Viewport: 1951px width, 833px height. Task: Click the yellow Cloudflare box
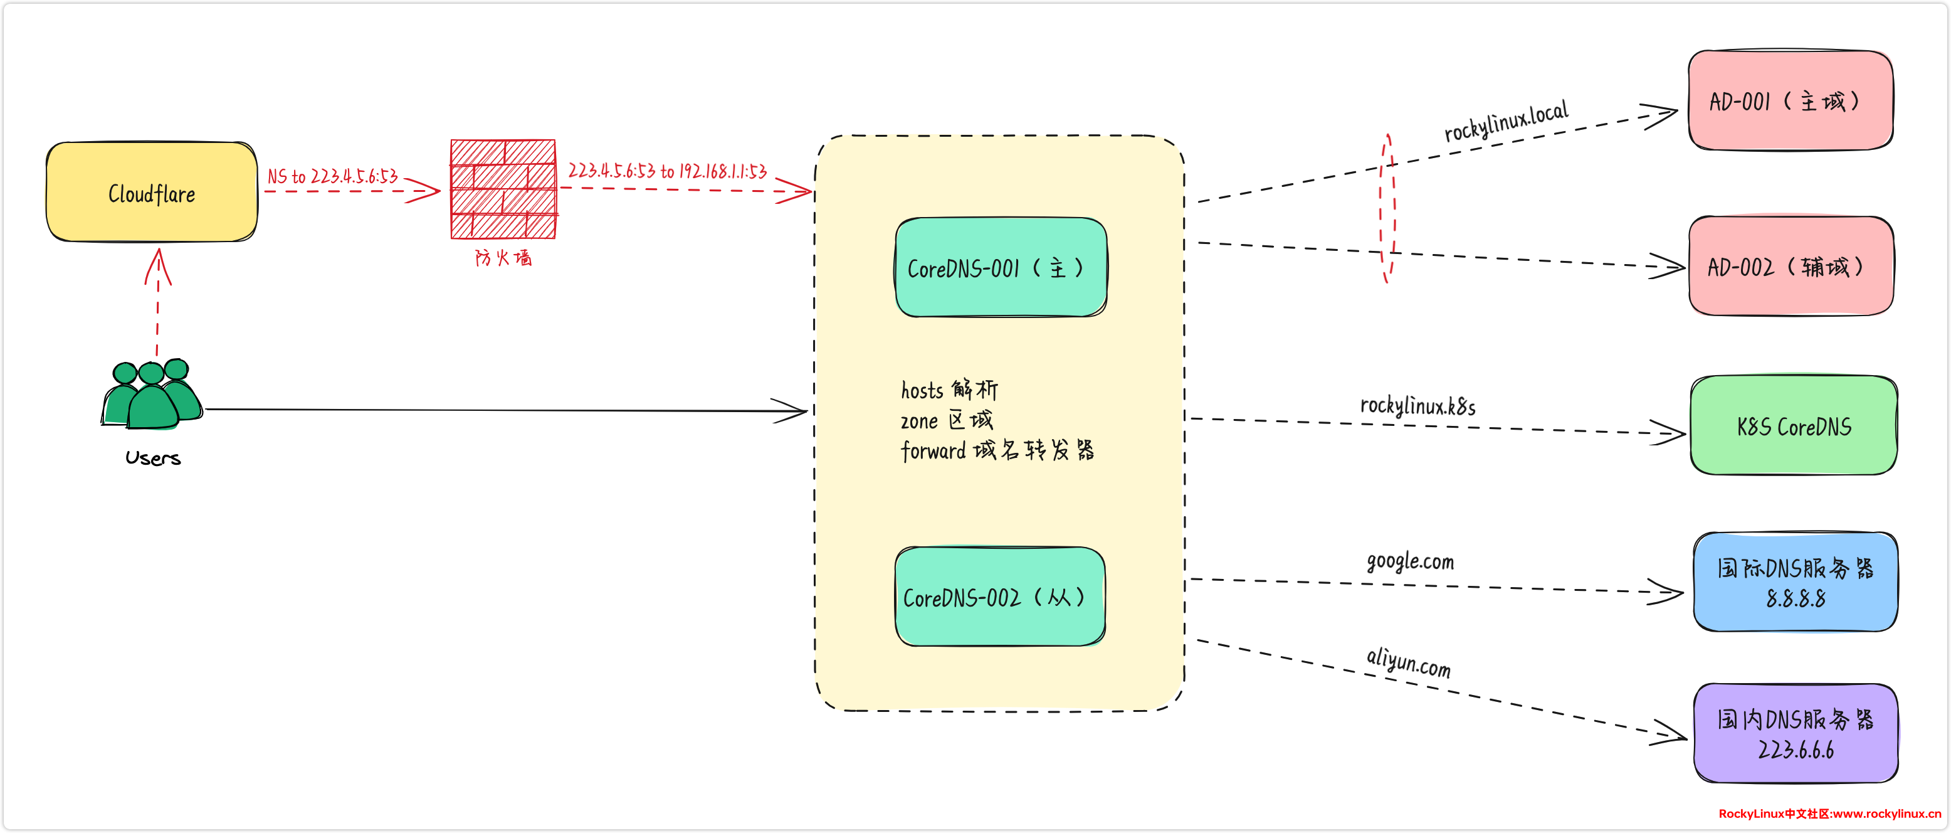click(152, 193)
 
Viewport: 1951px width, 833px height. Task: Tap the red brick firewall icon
click(503, 189)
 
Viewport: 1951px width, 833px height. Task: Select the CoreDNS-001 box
click(1001, 268)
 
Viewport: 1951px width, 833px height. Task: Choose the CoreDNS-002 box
click(1000, 597)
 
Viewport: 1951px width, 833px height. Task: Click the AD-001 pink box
click(1791, 100)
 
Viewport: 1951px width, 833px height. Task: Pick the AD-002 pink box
click(1791, 266)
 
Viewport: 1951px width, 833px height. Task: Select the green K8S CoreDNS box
click(1794, 426)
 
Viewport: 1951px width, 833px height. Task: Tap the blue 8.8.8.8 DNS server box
click(1795, 582)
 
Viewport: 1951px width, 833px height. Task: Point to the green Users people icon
click(152, 394)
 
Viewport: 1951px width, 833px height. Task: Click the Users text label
click(153, 458)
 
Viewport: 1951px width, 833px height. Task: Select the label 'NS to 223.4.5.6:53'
click(332, 177)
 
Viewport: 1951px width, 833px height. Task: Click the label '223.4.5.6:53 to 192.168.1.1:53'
click(667, 171)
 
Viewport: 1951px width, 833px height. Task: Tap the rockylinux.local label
click(1506, 121)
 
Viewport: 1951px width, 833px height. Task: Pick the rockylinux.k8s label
click(1418, 406)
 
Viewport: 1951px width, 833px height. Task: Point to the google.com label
click(1410, 561)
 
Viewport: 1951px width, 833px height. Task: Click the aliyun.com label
click(1409, 662)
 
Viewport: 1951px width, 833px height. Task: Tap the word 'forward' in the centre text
click(933, 451)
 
